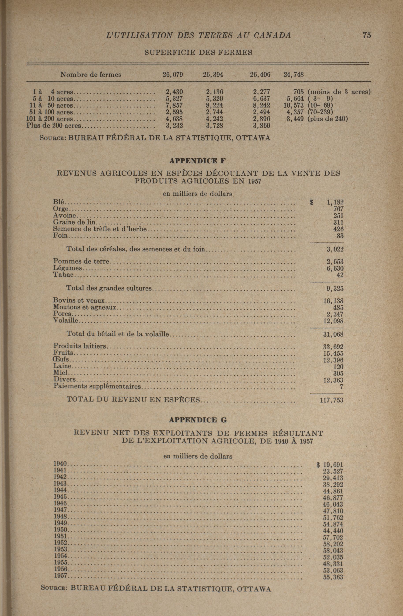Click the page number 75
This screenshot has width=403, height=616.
click(367, 35)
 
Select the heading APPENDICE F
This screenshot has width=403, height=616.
click(198, 161)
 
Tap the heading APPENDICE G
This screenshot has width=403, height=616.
click(198, 420)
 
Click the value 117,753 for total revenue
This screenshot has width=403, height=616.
click(332, 400)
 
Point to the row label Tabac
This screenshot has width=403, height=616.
click(63, 275)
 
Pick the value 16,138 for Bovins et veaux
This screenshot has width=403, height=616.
click(333, 301)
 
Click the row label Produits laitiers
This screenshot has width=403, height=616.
click(80, 346)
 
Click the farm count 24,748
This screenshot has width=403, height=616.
click(293, 75)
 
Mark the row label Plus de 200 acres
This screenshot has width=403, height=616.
click(54, 126)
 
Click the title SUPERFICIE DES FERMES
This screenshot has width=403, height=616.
click(198, 52)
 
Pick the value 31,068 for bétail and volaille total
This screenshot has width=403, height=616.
click(333, 334)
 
